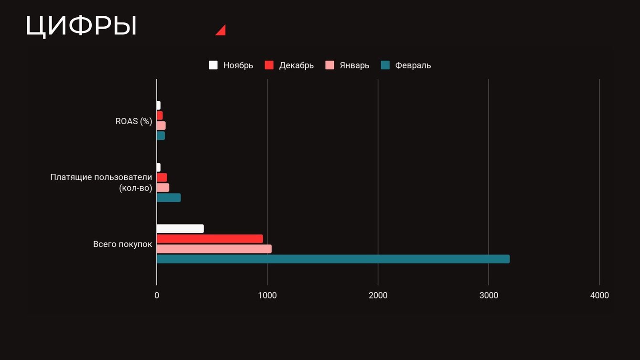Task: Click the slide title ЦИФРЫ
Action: pyautogui.click(x=81, y=26)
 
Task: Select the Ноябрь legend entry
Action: pyautogui.click(x=231, y=65)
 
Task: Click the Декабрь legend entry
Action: pyautogui.click(x=289, y=65)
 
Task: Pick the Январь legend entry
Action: pyautogui.click(x=347, y=65)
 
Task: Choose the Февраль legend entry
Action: pyautogui.click(x=406, y=65)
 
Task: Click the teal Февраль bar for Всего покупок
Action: pyautogui.click(x=333, y=259)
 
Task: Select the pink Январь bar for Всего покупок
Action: pyautogui.click(x=214, y=249)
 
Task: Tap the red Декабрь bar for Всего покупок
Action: pyautogui.click(x=210, y=239)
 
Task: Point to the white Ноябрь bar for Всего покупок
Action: pyautogui.click(x=180, y=229)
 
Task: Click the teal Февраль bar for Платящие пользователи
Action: pyautogui.click(x=169, y=198)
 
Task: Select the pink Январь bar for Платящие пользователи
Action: pyautogui.click(x=163, y=188)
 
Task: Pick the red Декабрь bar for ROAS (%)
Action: pyautogui.click(x=160, y=116)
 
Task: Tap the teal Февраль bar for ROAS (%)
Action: pyautogui.click(x=160, y=136)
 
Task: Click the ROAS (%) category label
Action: pyautogui.click(x=134, y=121)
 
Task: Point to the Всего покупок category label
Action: pyautogui.click(x=122, y=244)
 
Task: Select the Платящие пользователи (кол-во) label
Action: pyautogui.click(x=101, y=183)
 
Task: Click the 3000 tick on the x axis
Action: pyautogui.click(x=489, y=296)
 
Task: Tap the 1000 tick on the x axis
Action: pyautogui.click(x=267, y=296)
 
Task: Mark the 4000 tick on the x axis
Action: pyautogui.click(x=599, y=296)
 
